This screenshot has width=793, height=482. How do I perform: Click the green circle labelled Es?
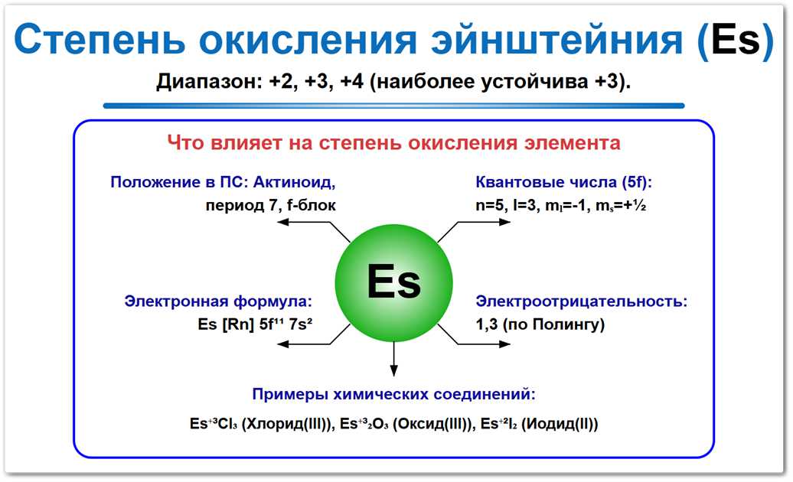pos(393,283)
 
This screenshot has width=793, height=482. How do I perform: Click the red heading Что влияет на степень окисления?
pos(393,143)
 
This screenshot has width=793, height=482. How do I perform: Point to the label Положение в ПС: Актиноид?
pos(223,183)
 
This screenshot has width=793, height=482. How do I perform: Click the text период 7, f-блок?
pos(270,205)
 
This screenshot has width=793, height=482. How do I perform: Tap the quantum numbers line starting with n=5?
pos(560,205)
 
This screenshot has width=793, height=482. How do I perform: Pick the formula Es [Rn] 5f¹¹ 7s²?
pos(258,324)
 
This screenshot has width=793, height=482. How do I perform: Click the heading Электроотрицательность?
pos(582,301)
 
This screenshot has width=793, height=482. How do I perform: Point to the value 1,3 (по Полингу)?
pos(540,324)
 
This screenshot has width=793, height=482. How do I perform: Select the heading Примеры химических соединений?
pos(393,395)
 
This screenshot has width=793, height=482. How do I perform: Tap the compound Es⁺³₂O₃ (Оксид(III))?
pos(404,424)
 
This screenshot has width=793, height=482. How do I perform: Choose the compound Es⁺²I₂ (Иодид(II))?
pos(538,424)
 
